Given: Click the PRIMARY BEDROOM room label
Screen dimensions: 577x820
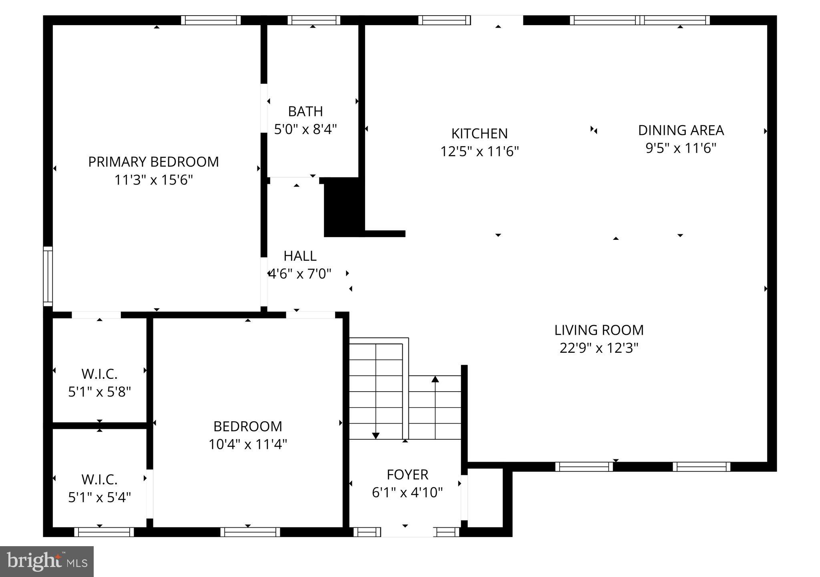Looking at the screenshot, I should (153, 162).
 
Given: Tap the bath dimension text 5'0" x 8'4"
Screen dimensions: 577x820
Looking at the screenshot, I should (305, 129).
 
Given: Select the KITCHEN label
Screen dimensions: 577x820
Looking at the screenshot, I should (479, 133).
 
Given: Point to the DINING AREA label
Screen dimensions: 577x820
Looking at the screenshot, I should (681, 130).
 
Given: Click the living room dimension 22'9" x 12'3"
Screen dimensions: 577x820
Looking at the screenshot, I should (599, 348).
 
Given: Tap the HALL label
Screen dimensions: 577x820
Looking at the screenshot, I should (300, 256).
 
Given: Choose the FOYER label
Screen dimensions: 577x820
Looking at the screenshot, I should (407, 474).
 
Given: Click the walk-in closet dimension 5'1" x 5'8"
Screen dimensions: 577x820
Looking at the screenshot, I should (99, 392).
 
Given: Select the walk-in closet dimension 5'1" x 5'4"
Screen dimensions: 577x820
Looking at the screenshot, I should (99, 497).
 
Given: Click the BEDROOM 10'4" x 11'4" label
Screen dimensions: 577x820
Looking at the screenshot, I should (247, 426).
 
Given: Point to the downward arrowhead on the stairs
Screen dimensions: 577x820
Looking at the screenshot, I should (376, 436).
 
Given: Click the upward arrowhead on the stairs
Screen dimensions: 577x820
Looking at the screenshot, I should (435, 379).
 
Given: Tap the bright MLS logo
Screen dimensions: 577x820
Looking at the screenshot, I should (47, 561).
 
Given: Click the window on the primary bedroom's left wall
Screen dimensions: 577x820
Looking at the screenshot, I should (48, 276).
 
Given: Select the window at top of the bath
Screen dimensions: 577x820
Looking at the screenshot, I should (314, 20).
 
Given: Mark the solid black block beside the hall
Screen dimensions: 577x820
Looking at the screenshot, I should (344, 207).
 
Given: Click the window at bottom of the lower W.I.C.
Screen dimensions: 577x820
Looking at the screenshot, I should (104, 532).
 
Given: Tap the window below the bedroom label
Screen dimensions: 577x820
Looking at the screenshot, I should (250, 532).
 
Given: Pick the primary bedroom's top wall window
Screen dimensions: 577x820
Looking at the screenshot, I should (211, 20).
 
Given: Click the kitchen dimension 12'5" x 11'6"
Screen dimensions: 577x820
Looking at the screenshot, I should (479, 151).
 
